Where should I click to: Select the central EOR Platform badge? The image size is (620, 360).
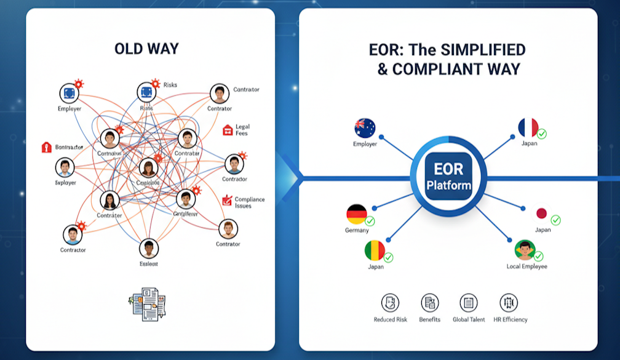tap(448, 177)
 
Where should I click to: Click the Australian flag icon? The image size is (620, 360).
tap(365, 128)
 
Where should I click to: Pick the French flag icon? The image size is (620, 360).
tap(528, 128)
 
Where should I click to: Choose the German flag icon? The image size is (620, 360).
tap(356, 214)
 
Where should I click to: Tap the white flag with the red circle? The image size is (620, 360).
tap(542, 214)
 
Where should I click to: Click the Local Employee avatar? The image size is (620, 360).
tap(525, 250)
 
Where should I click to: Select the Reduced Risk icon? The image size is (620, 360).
tap(390, 303)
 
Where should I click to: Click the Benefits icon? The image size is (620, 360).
tap(429, 303)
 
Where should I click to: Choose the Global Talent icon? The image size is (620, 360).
tap(469, 303)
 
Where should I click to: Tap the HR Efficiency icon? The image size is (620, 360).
tap(509, 303)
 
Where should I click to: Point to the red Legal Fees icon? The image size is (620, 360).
tap(228, 130)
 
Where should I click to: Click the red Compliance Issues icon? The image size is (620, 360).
tap(227, 200)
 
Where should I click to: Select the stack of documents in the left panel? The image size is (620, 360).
tap(148, 303)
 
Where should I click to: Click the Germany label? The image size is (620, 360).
tap(357, 231)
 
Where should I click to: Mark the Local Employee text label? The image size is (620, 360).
tap(527, 266)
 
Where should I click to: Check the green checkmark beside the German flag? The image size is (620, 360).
tap(370, 220)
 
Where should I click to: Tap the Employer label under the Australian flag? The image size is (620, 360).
tap(365, 144)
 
